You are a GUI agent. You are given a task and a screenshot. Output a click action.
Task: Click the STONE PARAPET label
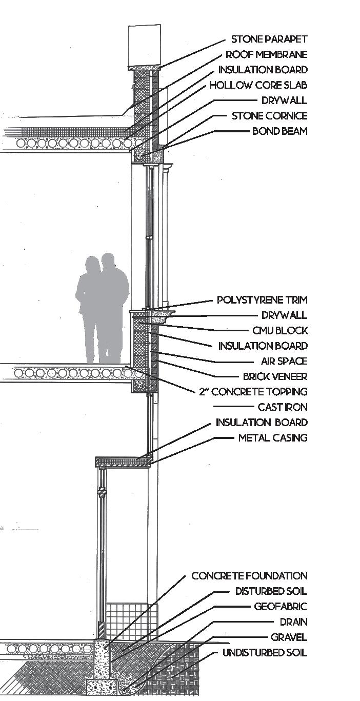coord(269,39)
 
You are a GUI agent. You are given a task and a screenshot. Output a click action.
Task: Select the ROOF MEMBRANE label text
coord(267,55)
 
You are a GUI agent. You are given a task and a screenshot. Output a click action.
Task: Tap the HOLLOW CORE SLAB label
coord(258,85)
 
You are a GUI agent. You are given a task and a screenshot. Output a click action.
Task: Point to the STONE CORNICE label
coord(270,116)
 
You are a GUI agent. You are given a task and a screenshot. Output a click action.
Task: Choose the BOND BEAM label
coord(279,131)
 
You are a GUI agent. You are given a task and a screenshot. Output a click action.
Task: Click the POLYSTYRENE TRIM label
coord(262,300)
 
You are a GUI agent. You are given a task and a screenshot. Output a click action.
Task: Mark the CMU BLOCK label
coord(280,331)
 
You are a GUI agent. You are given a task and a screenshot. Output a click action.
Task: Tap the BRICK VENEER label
coord(275,377)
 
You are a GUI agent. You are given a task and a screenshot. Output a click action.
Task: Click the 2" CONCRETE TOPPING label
coord(253,392)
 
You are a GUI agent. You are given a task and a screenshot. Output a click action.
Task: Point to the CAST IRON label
coord(283,408)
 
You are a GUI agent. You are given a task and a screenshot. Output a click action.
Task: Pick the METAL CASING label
coord(273,438)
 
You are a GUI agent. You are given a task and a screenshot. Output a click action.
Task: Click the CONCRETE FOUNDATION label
coord(250,576)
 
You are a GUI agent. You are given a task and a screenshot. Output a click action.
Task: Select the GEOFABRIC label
coord(281,607)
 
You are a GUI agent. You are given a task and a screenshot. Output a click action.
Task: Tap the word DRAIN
coord(293,623)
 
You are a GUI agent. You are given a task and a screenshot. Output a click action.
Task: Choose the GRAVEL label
coord(289,638)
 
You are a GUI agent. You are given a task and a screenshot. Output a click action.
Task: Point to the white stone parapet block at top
coord(143,45)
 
